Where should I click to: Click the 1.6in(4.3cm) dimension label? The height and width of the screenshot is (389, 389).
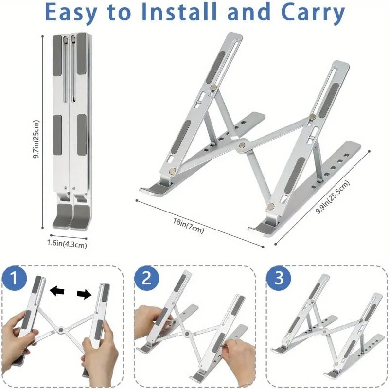pyautogui.click(x=67, y=245)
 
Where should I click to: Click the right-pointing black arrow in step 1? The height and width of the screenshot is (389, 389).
pyautogui.click(x=84, y=293)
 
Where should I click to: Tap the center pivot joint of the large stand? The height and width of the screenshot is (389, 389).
pyautogui.click(x=241, y=144)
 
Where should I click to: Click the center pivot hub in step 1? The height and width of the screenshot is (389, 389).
pyautogui.click(x=61, y=330)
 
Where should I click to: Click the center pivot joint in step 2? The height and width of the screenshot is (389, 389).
pyautogui.click(x=187, y=335)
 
